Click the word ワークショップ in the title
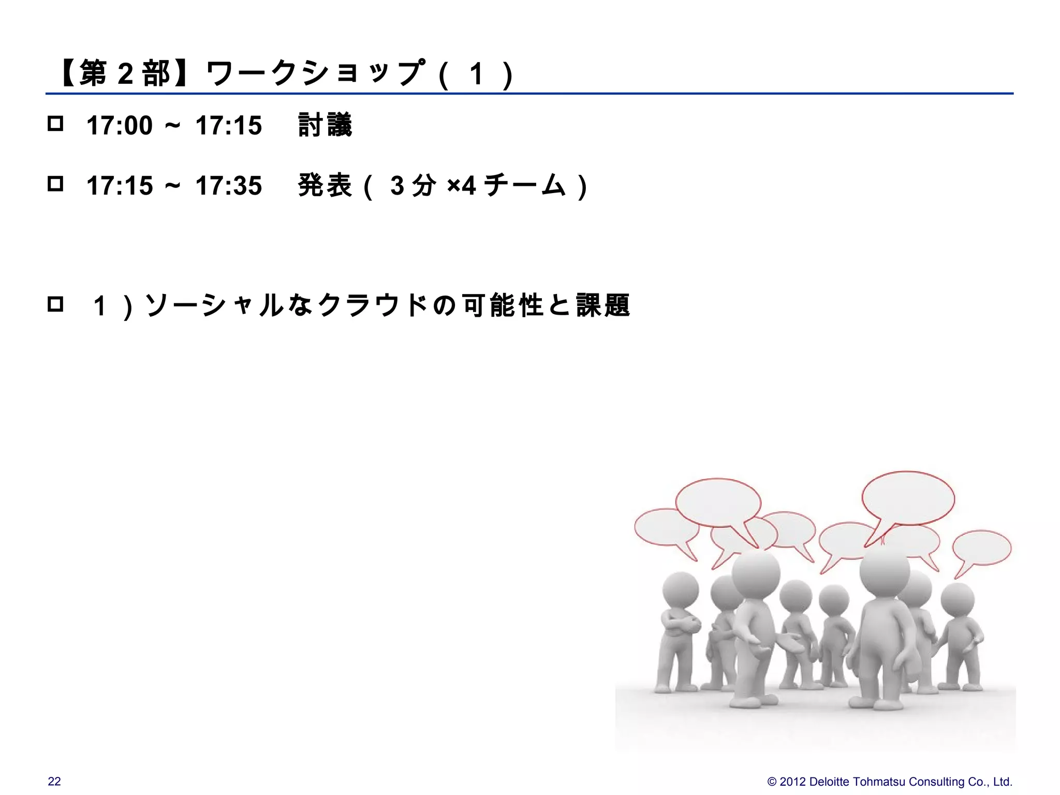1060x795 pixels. tap(316, 73)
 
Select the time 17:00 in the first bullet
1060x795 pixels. tap(120, 126)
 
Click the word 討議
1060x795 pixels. tap(325, 126)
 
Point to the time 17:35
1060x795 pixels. tap(229, 186)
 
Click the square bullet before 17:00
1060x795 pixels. tap(55, 124)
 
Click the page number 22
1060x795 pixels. tap(54, 782)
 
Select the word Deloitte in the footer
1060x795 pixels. tap(833, 782)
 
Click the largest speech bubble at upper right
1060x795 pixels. tap(908, 498)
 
